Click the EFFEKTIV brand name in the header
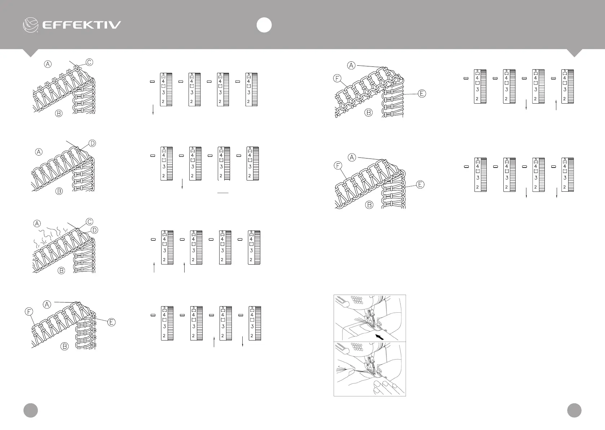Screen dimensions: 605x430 pos(81,25)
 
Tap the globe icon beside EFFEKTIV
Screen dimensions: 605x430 pos(31,25)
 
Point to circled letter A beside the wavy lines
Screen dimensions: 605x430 pos(37,224)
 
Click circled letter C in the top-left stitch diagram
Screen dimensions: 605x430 pos(89,62)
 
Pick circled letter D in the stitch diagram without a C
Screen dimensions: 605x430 pos(92,143)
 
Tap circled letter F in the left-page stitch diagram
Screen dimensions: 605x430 pos(29,311)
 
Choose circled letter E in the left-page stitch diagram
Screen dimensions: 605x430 pos(112,322)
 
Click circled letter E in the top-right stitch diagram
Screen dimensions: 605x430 pos(422,94)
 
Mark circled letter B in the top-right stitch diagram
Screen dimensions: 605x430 pos(368,113)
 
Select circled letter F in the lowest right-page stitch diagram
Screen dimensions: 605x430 pos(338,166)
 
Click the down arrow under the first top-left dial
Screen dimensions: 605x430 pos(154,110)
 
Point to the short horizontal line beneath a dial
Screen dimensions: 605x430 pos(223,193)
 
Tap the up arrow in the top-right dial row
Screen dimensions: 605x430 pos(556,105)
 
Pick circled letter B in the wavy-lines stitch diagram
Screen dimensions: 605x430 pos(62,270)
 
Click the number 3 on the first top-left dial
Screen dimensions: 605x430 pos(163,93)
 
